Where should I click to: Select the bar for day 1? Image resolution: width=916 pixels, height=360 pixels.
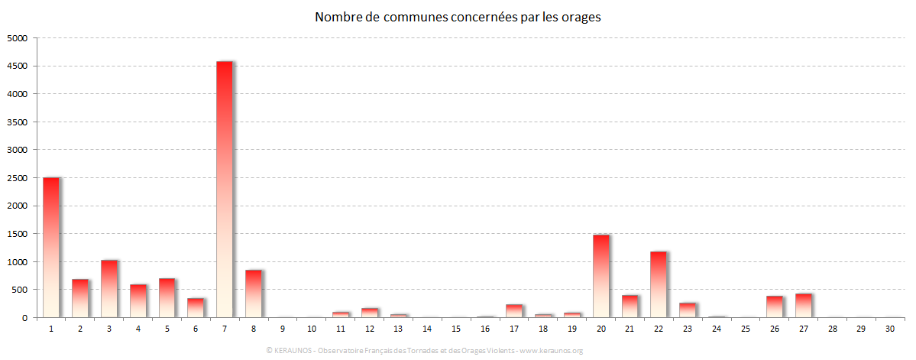coord(51,248)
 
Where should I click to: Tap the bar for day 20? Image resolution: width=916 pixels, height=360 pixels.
coord(601,276)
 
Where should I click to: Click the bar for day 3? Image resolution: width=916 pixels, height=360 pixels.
coord(109,289)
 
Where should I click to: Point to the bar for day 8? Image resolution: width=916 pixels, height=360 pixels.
coord(254,294)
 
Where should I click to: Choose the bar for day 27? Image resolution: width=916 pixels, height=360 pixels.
coord(803,306)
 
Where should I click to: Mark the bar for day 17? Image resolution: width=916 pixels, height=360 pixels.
coord(514,311)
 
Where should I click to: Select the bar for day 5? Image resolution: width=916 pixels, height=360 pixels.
coord(167,298)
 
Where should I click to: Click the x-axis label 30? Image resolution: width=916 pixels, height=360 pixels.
coord(890,329)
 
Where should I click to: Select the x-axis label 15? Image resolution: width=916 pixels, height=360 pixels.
coord(456,329)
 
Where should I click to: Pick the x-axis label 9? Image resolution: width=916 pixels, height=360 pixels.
coord(283,329)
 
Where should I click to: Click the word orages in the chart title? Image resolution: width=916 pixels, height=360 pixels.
coord(579,17)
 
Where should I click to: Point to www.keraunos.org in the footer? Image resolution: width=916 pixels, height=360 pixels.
coord(552,351)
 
